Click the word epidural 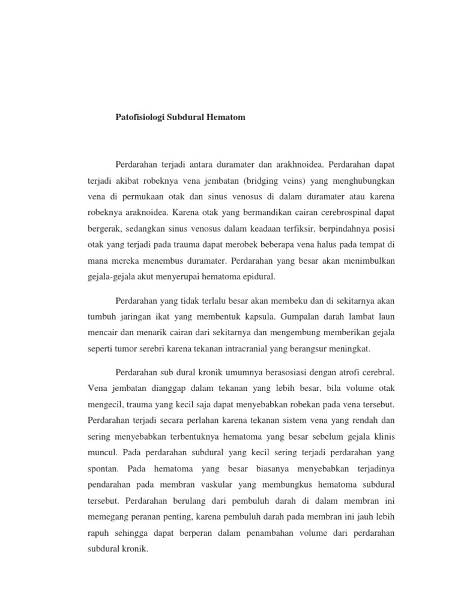point(260,277)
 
